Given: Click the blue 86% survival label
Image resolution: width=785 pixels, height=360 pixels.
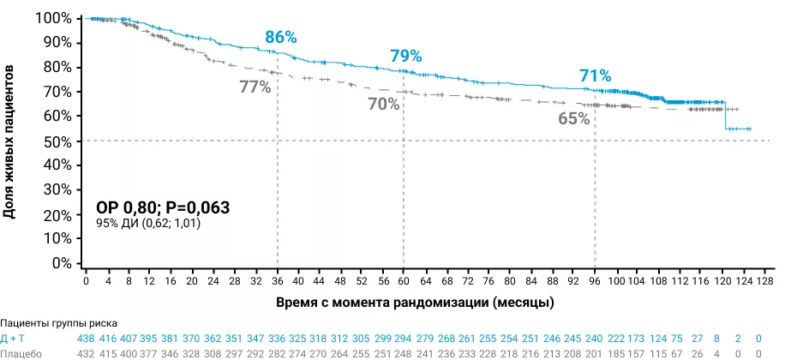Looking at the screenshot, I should (280, 37).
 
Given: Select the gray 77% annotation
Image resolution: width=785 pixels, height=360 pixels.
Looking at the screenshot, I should (255, 87).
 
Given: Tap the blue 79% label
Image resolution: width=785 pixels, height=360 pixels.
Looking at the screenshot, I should (406, 56).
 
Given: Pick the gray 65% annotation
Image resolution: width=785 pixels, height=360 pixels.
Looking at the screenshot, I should (573, 119).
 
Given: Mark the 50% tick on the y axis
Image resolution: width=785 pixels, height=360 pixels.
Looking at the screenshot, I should (58, 141).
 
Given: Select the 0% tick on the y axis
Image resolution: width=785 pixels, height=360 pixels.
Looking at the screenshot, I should (62, 263).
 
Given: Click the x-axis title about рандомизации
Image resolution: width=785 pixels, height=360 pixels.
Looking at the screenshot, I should (415, 303).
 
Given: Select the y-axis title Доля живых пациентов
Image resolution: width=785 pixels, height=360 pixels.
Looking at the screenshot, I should (10, 141).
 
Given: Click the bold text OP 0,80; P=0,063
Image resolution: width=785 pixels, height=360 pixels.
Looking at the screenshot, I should (163, 207).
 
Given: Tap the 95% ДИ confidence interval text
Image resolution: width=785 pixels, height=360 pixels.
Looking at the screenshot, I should (149, 224).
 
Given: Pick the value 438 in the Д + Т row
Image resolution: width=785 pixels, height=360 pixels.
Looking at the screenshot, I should (87, 339).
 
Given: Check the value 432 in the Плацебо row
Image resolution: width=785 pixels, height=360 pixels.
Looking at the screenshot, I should (87, 353).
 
